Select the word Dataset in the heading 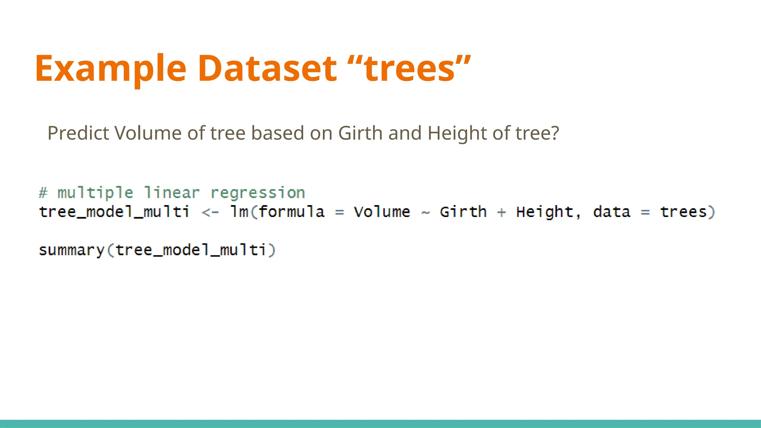click(267, 69)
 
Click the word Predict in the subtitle click(78, 133)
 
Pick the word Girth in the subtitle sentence click(360, 133)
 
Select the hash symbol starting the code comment click(43, 193)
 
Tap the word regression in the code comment click(258, 193)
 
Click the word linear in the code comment click(172, 193)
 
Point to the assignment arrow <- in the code click(210, 212)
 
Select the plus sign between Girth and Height click(502, 212)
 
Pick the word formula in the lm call click(291, 212)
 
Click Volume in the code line click(382, 212)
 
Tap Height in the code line click(545, 212)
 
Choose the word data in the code click(612, 212)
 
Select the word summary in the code click(72, 250)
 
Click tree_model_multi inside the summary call click(191, 250)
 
